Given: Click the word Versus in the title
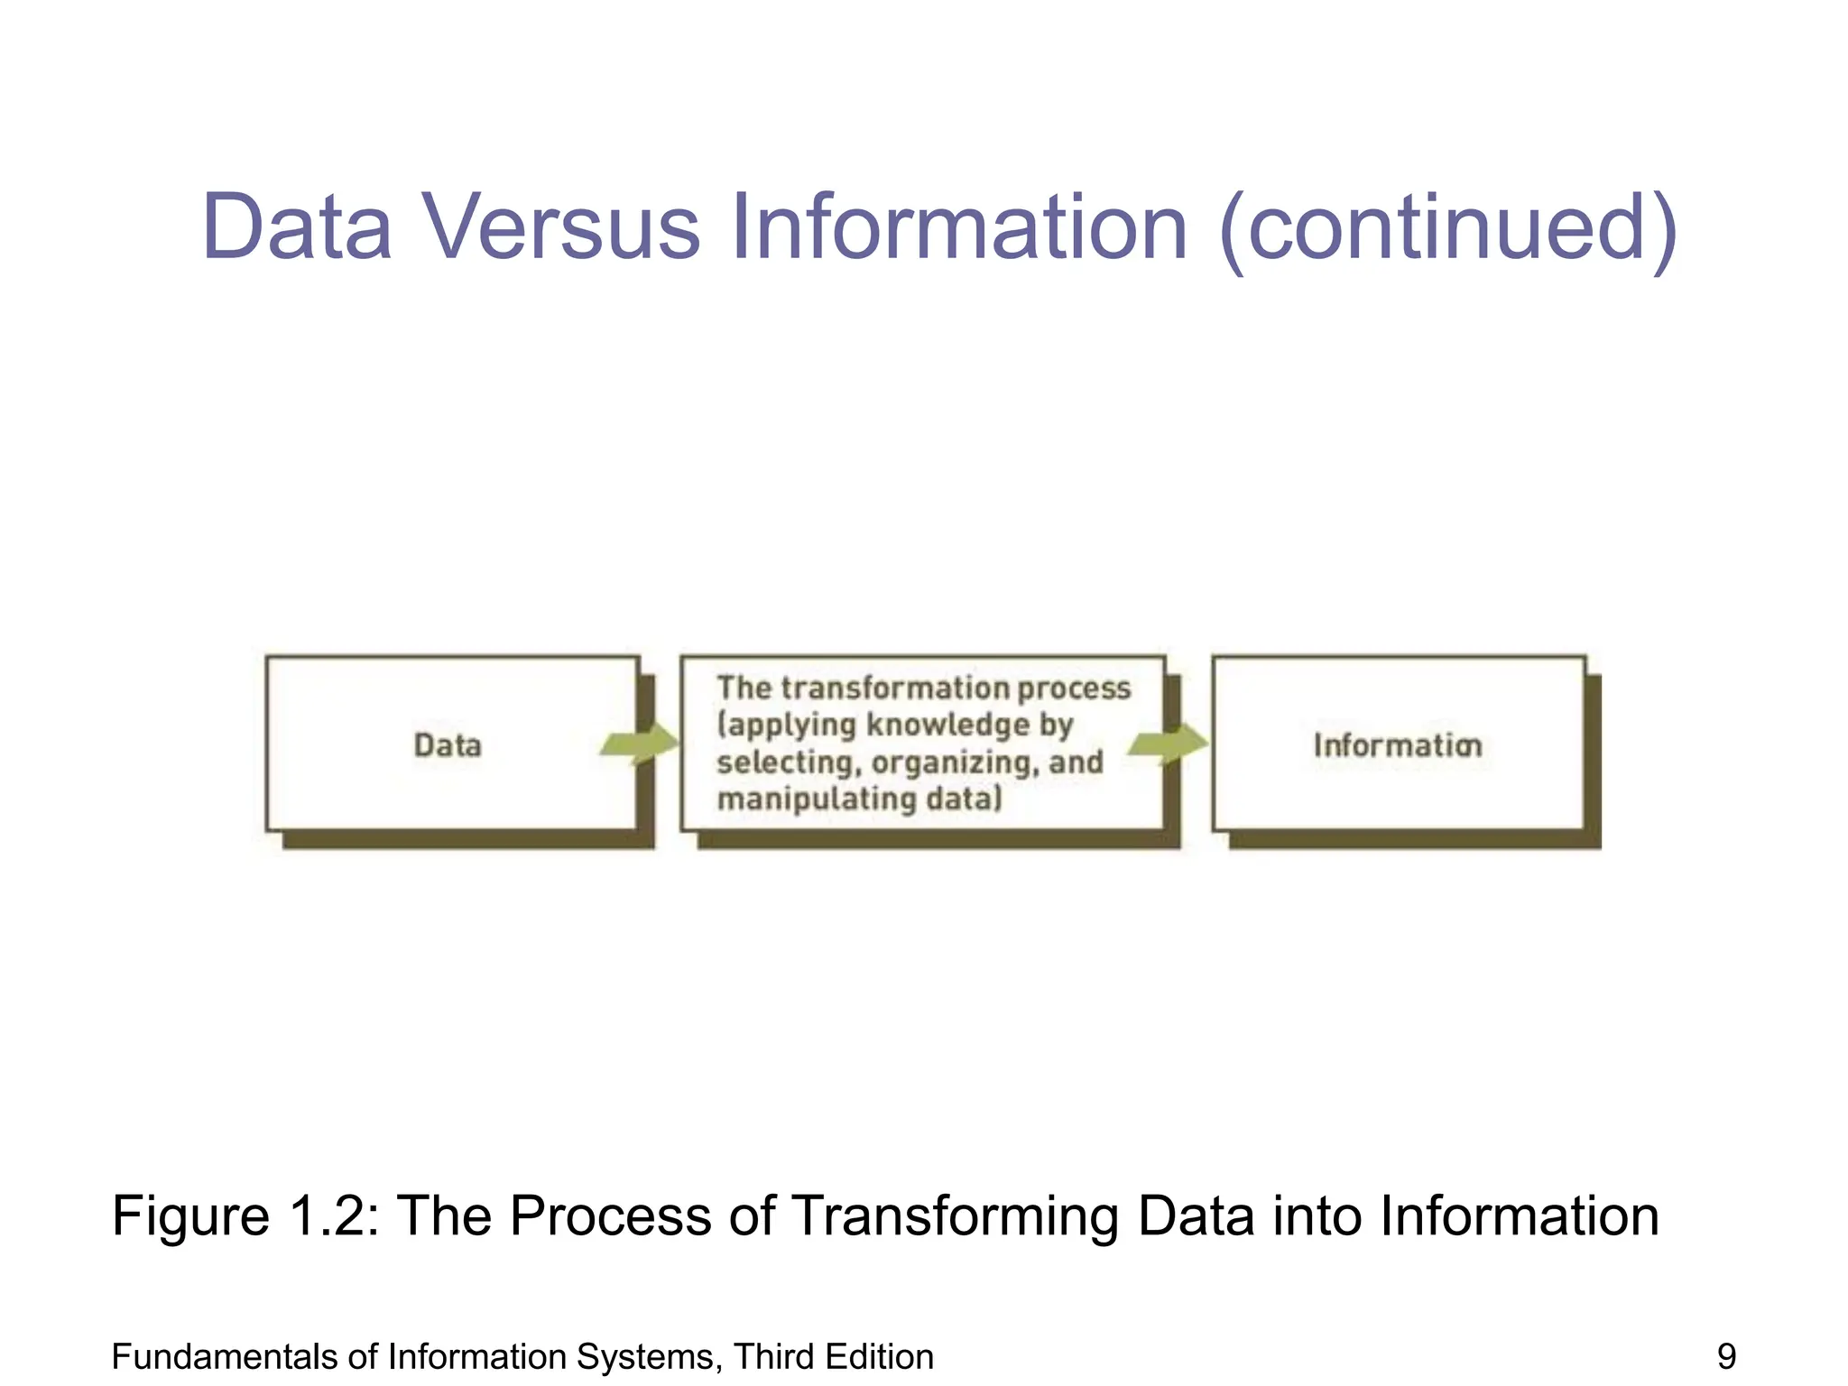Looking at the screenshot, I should tap(561, 227).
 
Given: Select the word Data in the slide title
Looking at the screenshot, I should tap(297, 227).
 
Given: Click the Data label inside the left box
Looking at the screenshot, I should tap(448, 745).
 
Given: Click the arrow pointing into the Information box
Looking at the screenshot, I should tap(1168, 744).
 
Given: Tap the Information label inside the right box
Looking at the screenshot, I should tap(1397, 745).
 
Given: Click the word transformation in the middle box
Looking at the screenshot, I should tap(895, 688).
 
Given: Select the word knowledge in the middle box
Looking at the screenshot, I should tap(948, 725).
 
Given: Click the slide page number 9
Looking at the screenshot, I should tap(1726, 1357).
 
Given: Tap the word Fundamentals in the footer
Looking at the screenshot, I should tap(216, 1357).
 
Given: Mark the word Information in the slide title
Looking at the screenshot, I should tap(959, 227).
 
